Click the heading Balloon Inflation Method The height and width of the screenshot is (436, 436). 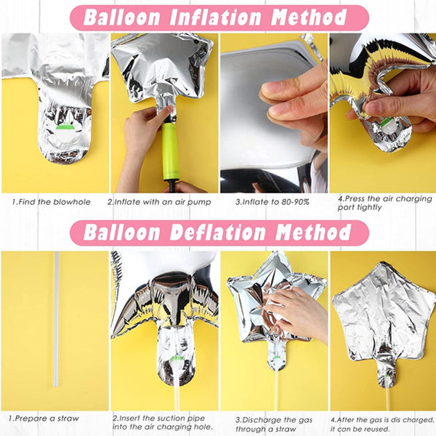(215, 17)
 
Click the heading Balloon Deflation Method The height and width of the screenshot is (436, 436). (217, 233)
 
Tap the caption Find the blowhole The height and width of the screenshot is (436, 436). (52, 202)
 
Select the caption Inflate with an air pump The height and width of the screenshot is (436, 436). (159, 202)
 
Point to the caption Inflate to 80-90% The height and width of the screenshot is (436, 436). (272, 202)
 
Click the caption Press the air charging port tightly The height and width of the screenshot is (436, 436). (385, 203)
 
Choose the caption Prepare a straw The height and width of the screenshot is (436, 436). (44, 419)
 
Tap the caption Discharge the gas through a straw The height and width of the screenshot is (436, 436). (274, 424)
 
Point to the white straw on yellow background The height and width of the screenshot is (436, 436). (57, 319)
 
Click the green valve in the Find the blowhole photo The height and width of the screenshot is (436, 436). (65, 127)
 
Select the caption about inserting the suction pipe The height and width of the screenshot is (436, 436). (163, 422)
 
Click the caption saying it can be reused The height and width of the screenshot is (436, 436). (382, 424)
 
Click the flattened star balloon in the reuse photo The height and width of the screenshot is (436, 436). (384, 320)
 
